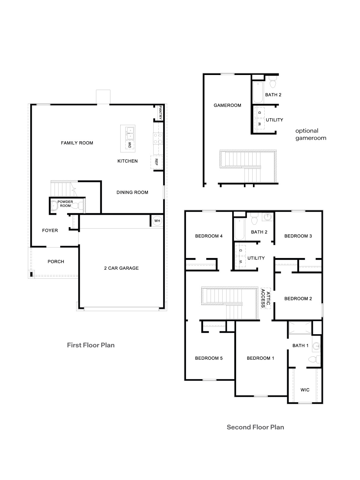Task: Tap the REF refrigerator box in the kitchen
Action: [156, 162]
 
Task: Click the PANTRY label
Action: [160, 112]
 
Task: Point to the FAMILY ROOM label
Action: [77, 143]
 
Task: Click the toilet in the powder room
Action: [79, 206]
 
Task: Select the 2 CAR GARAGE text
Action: [121, 268]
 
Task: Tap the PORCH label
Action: [56, 262]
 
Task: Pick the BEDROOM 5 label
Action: [209, 358]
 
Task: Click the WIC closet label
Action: [305, 390]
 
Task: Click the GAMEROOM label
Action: [227, 105]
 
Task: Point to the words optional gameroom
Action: [310, 134]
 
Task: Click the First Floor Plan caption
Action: [91, 345]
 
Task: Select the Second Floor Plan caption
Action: [255, 427]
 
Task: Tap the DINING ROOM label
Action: [132, 192]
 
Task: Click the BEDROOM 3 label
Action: [298, 236]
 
